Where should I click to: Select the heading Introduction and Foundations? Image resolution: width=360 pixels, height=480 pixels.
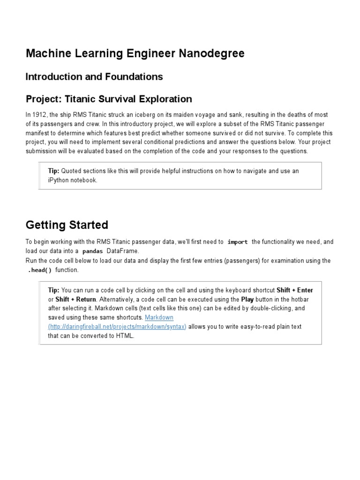(94, 76)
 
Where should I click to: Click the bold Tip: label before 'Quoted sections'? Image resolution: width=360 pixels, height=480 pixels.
(54, 171)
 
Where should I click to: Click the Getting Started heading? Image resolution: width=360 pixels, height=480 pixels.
(67, 225)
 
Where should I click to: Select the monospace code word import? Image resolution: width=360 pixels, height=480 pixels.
(237, 242)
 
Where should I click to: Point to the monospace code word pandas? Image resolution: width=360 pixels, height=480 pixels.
(92, 252)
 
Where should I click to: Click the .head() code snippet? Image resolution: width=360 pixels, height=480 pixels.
(40, 270)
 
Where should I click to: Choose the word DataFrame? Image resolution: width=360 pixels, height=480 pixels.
(123, 251)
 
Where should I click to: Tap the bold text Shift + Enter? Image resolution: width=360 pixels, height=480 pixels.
(295, 290)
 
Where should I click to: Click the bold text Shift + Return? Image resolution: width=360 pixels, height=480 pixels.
(76, 300)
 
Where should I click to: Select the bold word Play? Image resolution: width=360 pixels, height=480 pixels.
(247, 300)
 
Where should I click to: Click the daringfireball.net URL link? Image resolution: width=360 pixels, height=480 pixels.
(117, 327)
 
